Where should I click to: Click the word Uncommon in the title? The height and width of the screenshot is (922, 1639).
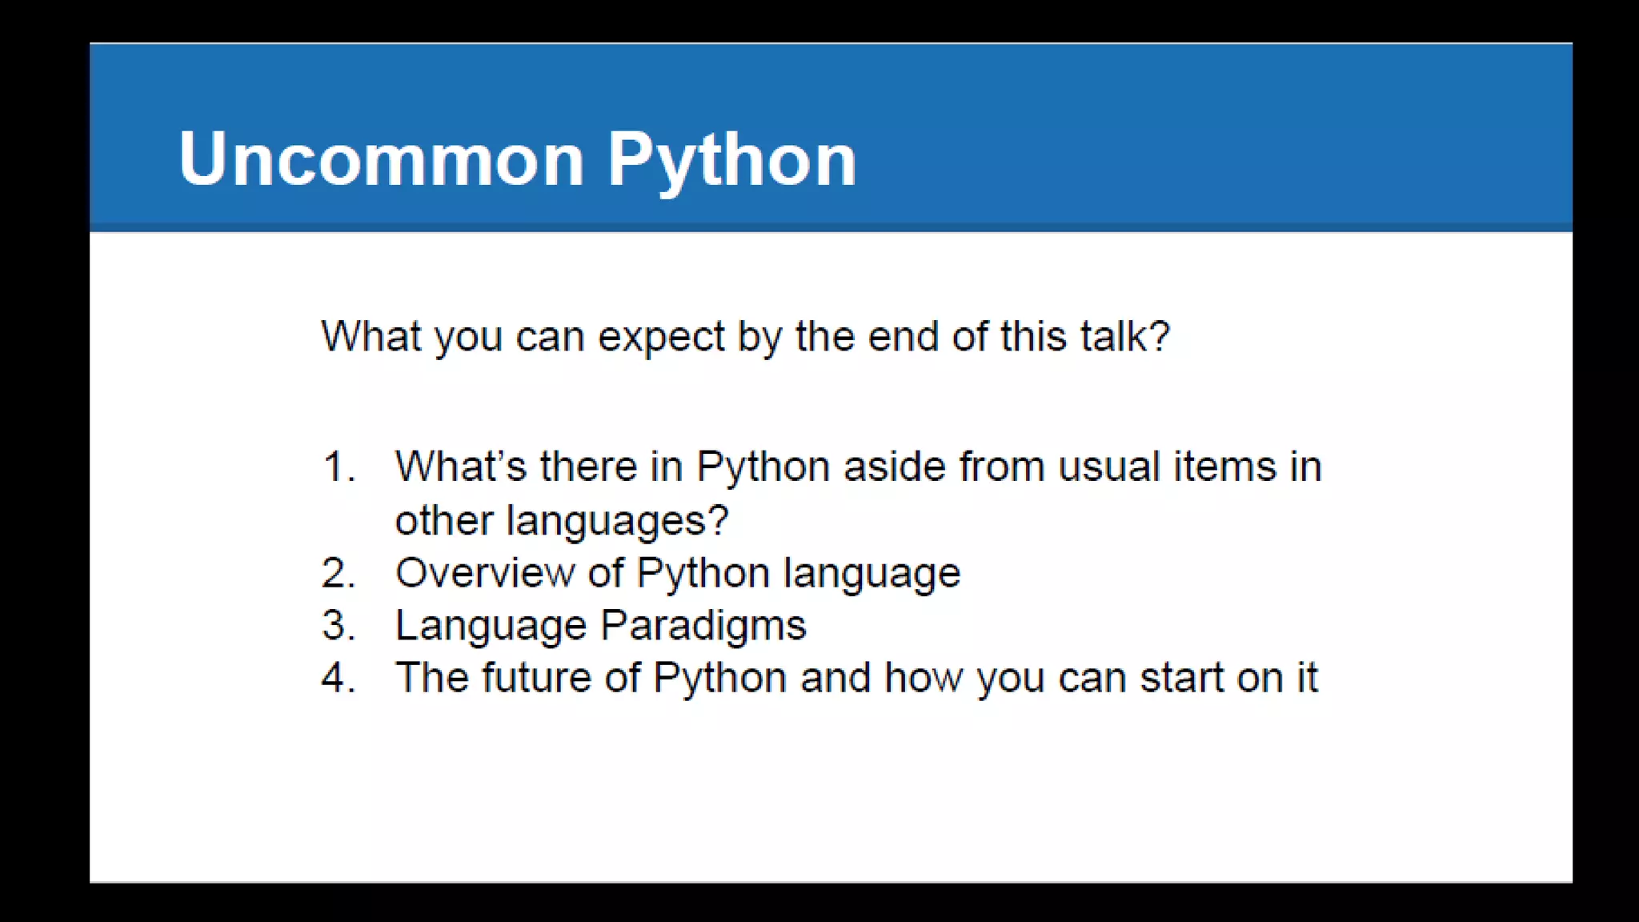(x=381, y=159)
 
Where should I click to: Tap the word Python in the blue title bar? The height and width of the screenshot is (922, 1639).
(x=731, y=161)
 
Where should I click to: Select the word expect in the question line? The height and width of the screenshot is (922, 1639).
(x=661, y=336)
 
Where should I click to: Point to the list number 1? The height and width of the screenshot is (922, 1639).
(x=339, y=467)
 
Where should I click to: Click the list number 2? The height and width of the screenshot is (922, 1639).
(x=339, y=573)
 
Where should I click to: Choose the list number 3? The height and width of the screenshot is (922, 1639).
(x=339, y=625)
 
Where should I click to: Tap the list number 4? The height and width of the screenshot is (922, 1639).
(x=339, y=678)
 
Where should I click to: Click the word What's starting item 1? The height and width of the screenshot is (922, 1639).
(x=460, y=467)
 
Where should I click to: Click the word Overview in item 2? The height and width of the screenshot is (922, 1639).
(x=485, y=573)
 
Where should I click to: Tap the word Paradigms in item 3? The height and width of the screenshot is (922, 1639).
(x=703, y=625)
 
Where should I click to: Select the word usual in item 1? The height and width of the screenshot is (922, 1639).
(x=1108, y=467)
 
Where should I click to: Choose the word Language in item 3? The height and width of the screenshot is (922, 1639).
(x=491, y=626)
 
